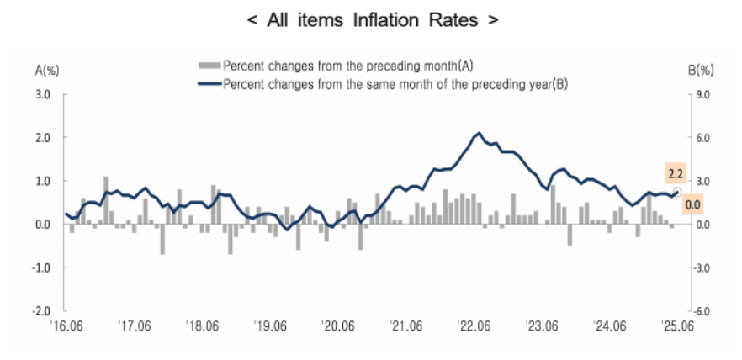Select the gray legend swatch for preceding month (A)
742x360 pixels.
(x=209, y=65)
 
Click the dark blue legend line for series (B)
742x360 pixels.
(x=209, y=84)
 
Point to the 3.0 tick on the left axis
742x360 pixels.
(x=41, y=94)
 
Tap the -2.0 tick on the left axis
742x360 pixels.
(x=40, y=310)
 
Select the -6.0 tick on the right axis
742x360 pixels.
(x=702, y=310)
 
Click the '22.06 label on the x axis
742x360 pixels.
(x=474, y=325)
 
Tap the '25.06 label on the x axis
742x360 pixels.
(x=677, y=325)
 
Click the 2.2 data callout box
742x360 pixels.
(x=676, y=174)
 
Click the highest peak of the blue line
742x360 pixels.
(x=480, y=133)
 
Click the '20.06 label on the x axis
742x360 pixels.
(x=338, y=325)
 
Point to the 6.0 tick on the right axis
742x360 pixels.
(x=703, y=138)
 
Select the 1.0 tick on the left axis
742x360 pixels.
(x=41, y=181)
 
